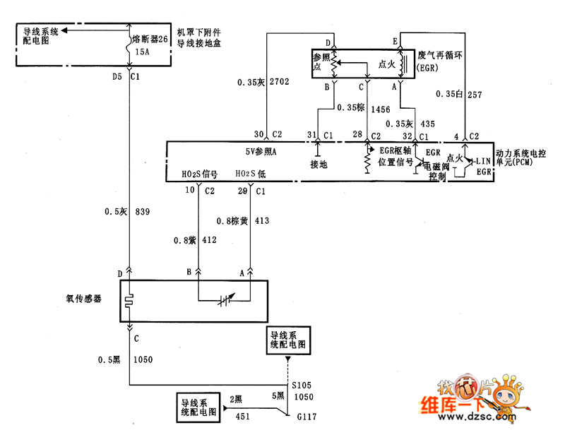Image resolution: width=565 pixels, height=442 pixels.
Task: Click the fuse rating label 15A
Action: pos(142,52)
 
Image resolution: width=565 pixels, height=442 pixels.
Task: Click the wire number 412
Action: pos(210,241)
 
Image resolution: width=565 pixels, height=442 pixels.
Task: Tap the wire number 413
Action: pos(262,221)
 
